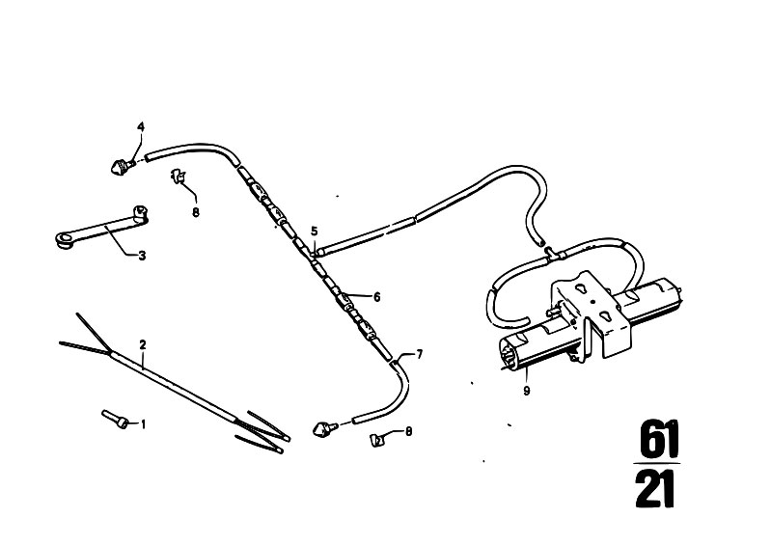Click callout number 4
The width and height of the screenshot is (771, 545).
click(141, 126)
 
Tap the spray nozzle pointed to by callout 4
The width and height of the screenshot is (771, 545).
click(121, 166)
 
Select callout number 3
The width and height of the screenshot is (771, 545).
click(142, 256)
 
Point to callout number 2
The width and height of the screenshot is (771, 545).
click(143, 344)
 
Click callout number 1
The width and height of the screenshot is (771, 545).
click(144, 423)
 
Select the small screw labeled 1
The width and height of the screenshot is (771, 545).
click(116, 420)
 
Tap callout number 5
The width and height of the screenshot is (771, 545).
click(315, 231)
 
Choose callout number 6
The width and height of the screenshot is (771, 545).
click(377, 297)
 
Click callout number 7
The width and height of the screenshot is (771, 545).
click(420, 354)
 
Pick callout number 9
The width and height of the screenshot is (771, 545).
click(527, 392)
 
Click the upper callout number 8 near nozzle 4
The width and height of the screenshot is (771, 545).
click(196, 212)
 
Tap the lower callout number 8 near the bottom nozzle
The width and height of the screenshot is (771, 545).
click(408, 431)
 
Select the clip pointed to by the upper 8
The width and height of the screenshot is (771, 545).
click(178, 176)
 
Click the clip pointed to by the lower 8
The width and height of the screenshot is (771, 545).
click(376, 439)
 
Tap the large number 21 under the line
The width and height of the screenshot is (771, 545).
click(655, 489)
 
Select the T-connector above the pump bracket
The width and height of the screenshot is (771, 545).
click(554, 253)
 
